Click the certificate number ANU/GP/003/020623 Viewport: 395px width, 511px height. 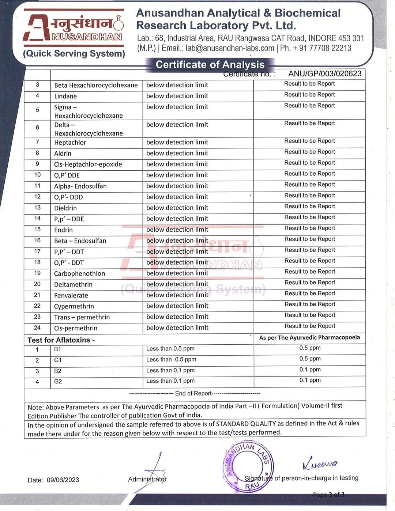324,73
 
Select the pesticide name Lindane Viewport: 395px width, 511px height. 65,96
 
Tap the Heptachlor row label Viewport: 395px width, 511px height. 70,143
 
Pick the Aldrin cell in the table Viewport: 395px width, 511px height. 63,154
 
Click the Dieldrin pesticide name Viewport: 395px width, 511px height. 65,208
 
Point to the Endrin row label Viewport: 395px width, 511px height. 63,230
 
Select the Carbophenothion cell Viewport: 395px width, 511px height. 79,273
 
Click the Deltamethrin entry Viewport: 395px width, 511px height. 73,284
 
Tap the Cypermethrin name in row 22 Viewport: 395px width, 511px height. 74,306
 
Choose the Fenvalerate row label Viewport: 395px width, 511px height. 71,295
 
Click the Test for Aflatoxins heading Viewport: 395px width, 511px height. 61,340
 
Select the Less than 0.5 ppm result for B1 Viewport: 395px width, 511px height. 170,349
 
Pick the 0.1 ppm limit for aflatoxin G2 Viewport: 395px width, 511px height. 310,380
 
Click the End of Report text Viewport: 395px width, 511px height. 193,393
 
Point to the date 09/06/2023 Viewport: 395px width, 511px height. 63,480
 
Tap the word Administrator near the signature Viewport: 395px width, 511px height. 147,479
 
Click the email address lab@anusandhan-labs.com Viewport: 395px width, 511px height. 230,48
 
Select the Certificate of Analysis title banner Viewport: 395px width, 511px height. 210,65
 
